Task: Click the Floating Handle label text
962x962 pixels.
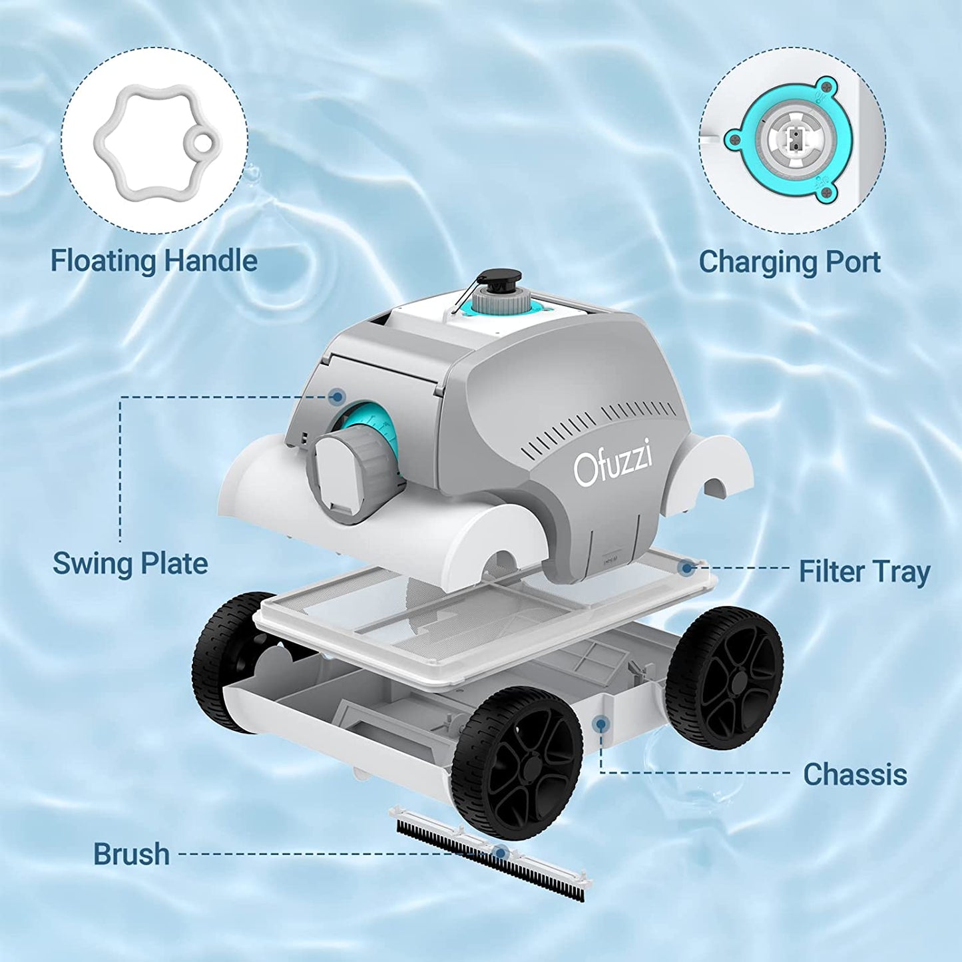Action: click(154, 260)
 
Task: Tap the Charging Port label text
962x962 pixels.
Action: click(789, 262)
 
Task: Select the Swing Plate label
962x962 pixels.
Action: click(130, 564)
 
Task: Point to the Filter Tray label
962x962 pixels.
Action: click(864, 572)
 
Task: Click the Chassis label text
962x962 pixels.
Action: click(855, 774)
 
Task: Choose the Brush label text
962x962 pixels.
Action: click(131, 854)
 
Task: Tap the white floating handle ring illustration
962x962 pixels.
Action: click(154, 142)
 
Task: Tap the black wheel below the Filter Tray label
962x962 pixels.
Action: click(726, 678)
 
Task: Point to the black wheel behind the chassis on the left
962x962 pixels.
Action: click(226, 659)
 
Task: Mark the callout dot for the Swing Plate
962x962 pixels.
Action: click(338, 397)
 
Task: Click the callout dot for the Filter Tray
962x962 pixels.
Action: click(687, 568)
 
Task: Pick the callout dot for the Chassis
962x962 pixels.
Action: click(601, 724)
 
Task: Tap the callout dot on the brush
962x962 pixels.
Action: click(501, 853)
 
